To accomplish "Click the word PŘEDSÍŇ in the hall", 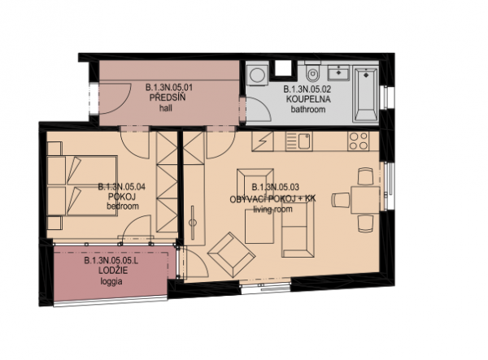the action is [x=168, y=98].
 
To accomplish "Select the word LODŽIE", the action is [x=113, y=271].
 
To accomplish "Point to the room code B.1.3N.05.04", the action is [x=122, y=187].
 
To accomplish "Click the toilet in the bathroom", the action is [x=312, y=73].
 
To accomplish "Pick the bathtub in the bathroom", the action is [x=366, y=95].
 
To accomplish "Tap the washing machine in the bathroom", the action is [x=258, y=74].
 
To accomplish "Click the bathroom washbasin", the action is [x=338, y=73].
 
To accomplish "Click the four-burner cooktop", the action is [x=358, y=141].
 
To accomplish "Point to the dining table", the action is [x=365, y=200].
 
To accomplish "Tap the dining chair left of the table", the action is [x=341, y=200].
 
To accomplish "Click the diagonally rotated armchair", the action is [x=232, y=254].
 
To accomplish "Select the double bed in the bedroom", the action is [x=82, y=186].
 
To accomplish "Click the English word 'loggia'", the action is [x=111, y=282].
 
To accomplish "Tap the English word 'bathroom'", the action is [x=308, y=110].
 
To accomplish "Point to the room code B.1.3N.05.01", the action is [x=169, y=88].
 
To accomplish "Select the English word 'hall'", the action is [x=166, y=108].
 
